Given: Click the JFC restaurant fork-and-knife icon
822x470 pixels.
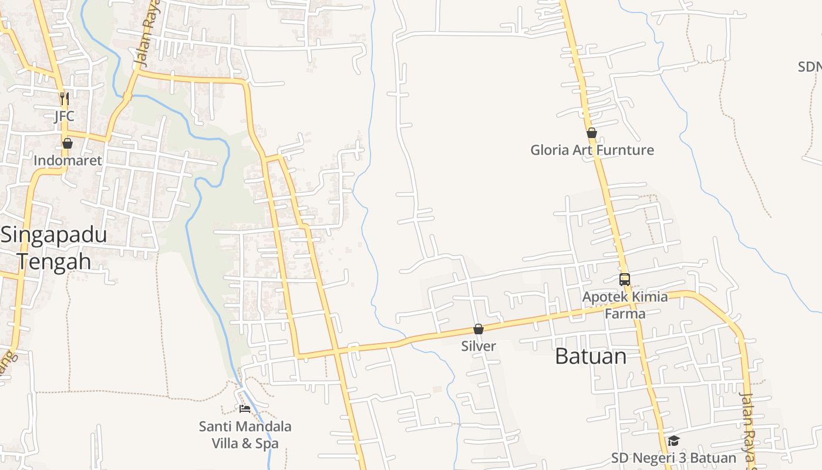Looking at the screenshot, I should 65,98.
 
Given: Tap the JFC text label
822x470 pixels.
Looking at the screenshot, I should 65,116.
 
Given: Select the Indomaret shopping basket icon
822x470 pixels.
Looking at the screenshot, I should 68,143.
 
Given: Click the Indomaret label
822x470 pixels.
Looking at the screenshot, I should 68,160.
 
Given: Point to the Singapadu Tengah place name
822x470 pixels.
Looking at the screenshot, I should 54,247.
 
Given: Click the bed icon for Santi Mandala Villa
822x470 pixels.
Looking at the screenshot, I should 245,408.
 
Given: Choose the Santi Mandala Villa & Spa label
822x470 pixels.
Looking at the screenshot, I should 245,435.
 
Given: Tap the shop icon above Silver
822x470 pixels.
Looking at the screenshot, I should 479,329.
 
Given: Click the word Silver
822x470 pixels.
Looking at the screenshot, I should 479,346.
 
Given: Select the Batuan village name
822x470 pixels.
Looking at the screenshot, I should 591,356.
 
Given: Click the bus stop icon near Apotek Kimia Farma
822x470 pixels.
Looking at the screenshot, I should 625,280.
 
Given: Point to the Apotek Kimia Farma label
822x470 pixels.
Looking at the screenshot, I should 625,305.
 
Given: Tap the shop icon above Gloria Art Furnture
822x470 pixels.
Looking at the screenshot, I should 592,133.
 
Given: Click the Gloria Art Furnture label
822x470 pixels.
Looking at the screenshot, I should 592,150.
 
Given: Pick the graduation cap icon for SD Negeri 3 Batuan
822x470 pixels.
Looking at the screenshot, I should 673,441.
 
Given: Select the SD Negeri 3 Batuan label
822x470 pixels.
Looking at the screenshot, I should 673,458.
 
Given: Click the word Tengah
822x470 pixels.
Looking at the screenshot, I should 54,261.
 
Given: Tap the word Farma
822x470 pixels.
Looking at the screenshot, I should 625,314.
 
